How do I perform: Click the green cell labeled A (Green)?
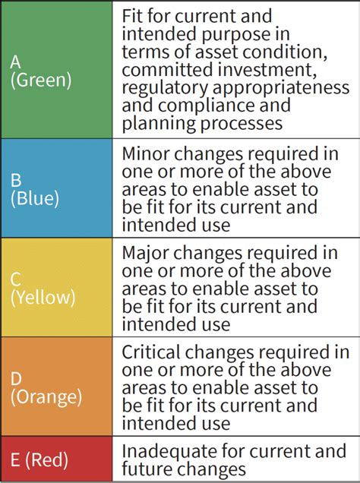pyautogui.click(x=57, y=70)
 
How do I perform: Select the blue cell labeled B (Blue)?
pyautogui.click(x=57, y=188)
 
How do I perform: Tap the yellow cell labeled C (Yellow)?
pyautogui.click(x=57, y=288)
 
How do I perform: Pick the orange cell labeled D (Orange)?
pyautogui.click(x=57, y=387)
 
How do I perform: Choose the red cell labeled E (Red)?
pyautogui.click(x=57, y=459)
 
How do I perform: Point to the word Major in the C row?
pyautogui.click(x=147, y=252)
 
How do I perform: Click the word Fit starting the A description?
pyautogui.click(x=134, y=14)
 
